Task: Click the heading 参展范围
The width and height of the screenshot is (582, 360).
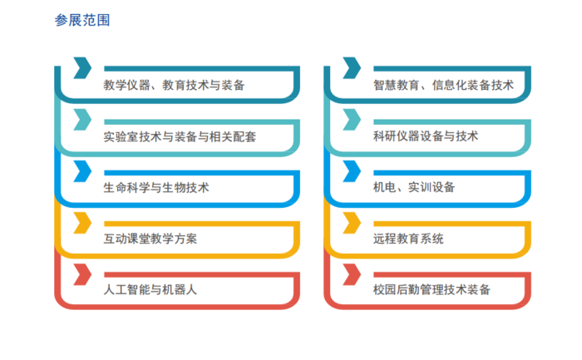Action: click(82, 20)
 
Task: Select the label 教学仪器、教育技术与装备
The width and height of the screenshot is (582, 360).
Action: click(174, 85)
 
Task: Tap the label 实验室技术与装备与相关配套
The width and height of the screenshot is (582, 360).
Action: click(180, 136)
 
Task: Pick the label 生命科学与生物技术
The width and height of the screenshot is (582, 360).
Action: click(156, 187)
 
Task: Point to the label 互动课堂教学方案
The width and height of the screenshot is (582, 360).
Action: click(150, 239)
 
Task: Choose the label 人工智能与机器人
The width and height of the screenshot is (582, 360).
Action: click(150, 289)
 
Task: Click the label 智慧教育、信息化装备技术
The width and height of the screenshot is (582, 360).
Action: click(443, 85)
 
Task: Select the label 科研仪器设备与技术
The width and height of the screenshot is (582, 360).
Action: click(426, 136)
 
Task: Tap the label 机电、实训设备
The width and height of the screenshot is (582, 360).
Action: click(414, 187)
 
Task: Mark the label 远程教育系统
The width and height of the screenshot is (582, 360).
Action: click(408, 239)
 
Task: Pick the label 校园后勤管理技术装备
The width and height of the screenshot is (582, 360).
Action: click(432, 289)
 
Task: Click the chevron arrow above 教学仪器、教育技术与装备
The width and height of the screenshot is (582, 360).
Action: click(82, 68)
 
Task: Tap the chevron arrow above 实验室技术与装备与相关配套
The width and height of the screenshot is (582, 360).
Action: click(82, 120)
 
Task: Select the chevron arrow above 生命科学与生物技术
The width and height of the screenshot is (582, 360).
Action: click(82, 171)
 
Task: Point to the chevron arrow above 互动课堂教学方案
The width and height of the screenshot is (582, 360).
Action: click(82, 223)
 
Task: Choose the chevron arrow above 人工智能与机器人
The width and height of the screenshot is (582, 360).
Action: click(82, 274)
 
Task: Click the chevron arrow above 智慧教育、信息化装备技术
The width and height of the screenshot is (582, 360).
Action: click(352, 68)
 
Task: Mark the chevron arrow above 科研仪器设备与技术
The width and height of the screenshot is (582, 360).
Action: click(352, 120)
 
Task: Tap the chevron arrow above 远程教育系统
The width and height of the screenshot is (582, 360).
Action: click(352, 223)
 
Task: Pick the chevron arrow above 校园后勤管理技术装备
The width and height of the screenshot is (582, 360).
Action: click(352, 274)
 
